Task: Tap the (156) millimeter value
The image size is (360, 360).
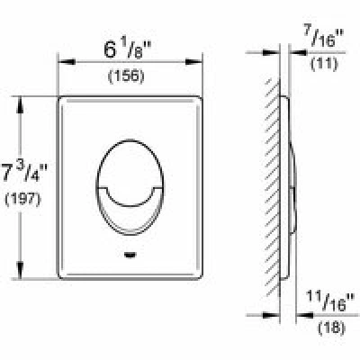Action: tap(126, 76)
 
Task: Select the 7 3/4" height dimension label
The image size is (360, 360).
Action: tap(24, 173)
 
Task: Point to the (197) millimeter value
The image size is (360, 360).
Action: tap(22, 199)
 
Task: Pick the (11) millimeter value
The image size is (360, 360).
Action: tap(325, 64)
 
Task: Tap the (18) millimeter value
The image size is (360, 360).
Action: tap(331, 328)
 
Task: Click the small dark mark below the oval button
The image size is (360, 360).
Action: tap(130, 256)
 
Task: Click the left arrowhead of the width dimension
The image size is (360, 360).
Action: tap(66, 62)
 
